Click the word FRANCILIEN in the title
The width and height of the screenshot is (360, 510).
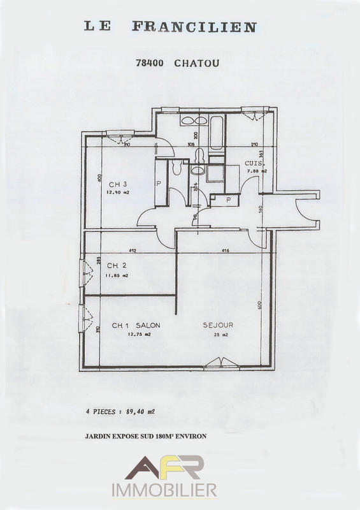click(194, 27)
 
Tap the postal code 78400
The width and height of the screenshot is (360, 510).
click(151, 63)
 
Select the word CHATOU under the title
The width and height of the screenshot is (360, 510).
click(197, 63)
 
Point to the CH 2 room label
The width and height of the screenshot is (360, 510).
click(117, 265)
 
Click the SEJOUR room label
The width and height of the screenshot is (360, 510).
click(218, 325)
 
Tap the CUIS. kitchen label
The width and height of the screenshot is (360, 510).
click(254, 164)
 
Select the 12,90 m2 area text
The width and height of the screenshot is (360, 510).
click(119, 193)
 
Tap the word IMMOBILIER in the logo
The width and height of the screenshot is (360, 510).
click(164, 490)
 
